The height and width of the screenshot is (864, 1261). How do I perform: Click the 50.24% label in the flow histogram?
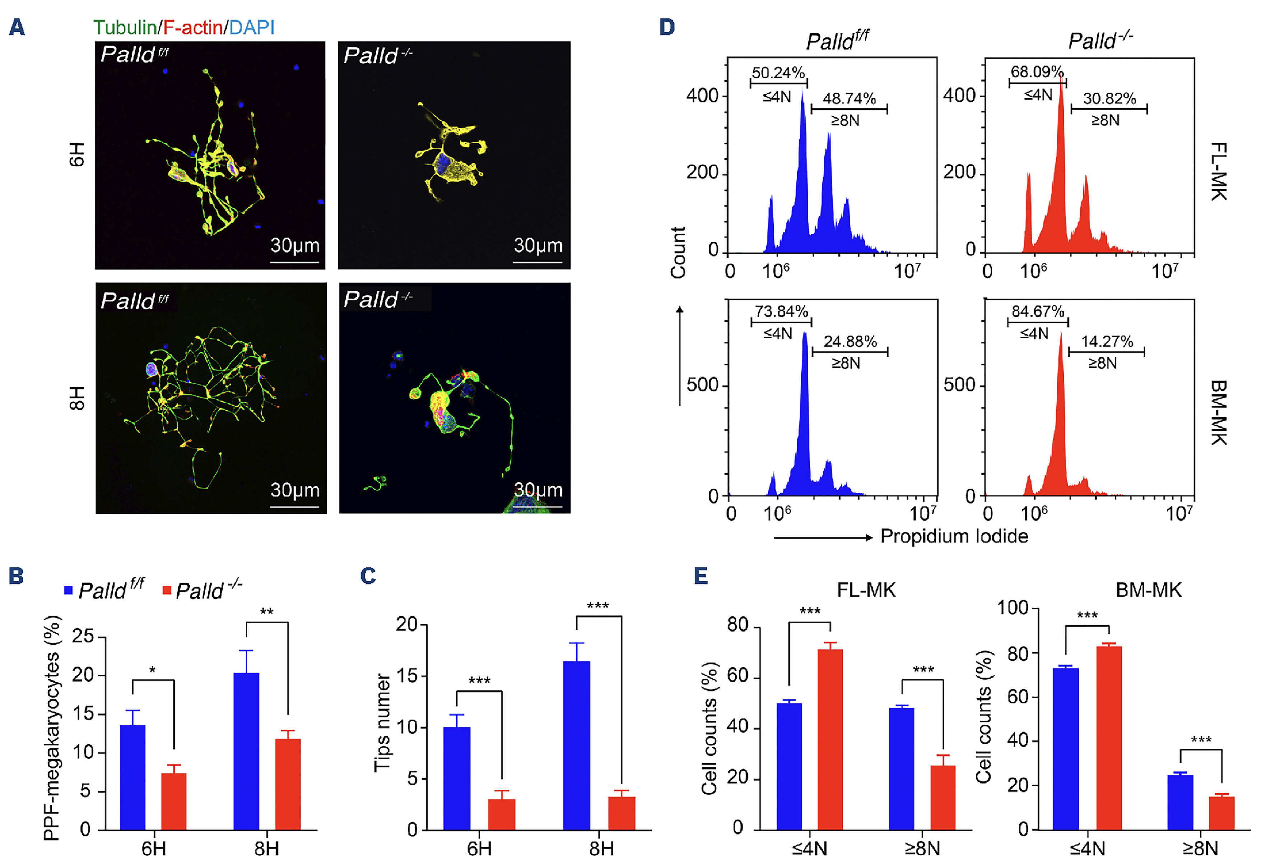(778, 73)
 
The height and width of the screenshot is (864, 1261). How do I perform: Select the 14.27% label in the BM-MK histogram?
(1107, 342)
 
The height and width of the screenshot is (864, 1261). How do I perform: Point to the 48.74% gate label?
(849, 99)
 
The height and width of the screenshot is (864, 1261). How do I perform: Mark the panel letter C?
(368, 576)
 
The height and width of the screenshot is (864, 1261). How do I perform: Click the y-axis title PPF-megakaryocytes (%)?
(52, 728)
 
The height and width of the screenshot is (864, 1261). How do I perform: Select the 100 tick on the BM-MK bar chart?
(1013, 608)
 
